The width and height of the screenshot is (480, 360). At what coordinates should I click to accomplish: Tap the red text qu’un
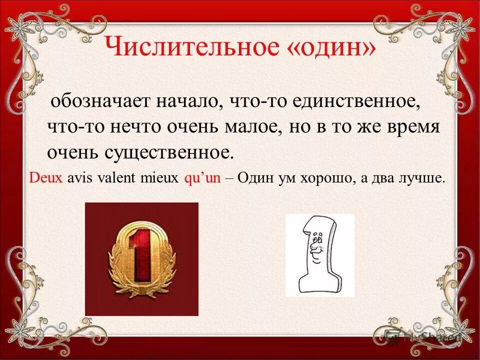tap(202, 179)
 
